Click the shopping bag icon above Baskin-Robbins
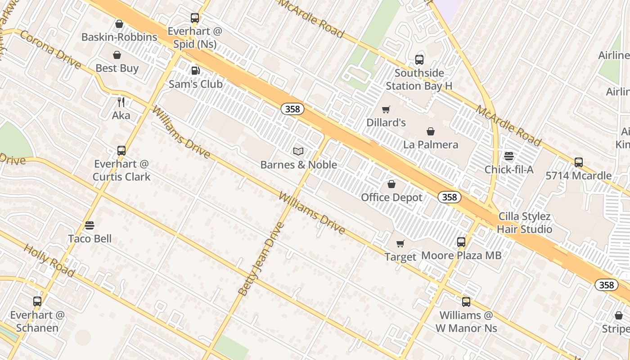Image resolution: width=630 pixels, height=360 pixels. click(x=119, y=24)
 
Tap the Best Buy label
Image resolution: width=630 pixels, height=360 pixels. click(x=117, y=68)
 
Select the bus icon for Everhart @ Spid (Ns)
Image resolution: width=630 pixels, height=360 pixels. click(x=195, y=18)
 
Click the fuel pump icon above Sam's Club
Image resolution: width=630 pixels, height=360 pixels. click(x=195, y=71)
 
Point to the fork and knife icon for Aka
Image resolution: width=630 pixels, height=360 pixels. click(x=121, y=102)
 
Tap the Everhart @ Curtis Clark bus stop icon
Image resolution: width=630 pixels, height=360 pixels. click(x=121, y=150)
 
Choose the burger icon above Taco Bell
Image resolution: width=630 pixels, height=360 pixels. click(x=90, y=225)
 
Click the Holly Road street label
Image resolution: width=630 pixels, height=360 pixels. click(x=49, y=261)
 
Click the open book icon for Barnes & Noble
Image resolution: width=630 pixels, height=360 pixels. click(x=298, y=152)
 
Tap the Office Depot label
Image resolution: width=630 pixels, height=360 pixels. click(x=391, y=198)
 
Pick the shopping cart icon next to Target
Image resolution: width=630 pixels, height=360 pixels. click(x=400, y=244)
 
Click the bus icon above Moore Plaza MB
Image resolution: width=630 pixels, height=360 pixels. click(x=461, y=242)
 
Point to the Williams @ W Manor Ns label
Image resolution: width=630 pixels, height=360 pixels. click(x=466, y=322)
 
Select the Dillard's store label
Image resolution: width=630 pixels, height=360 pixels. click(x=386, y=122)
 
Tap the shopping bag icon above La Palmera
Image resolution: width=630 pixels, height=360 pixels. click(x=431, y=131)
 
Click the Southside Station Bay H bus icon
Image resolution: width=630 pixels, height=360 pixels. click(x=419, y=59)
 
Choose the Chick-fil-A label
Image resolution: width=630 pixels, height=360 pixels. click(x=509, y=170)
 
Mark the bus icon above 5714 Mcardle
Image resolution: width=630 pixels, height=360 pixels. click(x=579, y=162)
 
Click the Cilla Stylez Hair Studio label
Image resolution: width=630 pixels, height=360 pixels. click(x=524, y=223)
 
